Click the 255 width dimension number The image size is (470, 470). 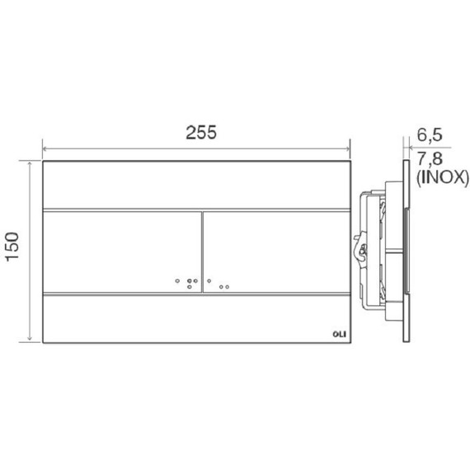tap(201, 133)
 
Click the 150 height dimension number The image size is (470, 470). tap(12, 247)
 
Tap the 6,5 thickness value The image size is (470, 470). tap(430, 134)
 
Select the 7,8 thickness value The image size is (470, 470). tap(430, 158)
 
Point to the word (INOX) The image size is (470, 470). tap(442, 178)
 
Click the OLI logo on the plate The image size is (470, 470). tap(340, 334)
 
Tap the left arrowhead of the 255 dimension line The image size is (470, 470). tap(45, 149)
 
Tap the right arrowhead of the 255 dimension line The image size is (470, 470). tap(348, 149)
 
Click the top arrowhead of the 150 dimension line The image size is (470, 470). tap(30, 163)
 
